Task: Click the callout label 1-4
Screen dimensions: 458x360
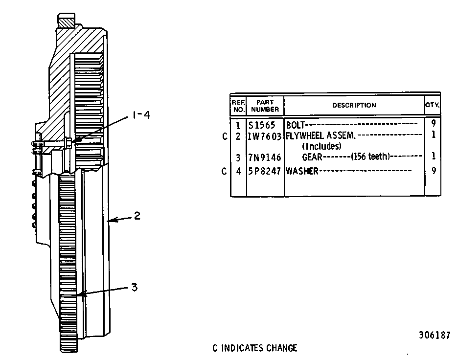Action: click(x=141, y=115)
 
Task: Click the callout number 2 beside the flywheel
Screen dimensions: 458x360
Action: click(x=137, y=216)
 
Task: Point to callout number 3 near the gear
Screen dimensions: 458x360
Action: click(x=134, y=287)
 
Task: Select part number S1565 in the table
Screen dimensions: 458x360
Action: click(x=262, y=125)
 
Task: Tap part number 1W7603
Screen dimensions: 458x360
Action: click(x=264, y=136)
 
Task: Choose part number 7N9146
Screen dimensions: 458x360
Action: click(x=264, y=157)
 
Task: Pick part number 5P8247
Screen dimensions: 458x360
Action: click(x=264, y=171)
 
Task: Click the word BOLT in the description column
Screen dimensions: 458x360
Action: click(x=295, y=125)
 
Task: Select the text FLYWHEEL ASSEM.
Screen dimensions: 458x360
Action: click(x=321, y=135)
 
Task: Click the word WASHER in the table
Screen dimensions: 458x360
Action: click(x=302, y=171)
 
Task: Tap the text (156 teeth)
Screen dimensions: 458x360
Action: click(x=370, y=157)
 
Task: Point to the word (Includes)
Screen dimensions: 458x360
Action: click(x=321, y=146)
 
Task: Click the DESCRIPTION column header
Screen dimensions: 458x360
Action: click(x=354, y=105)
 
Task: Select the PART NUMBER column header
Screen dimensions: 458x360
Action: click(x=265, y=106)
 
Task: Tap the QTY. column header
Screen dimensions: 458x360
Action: click(x=432, y=105)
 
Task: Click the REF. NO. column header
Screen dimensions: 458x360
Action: click(x=238, y=106)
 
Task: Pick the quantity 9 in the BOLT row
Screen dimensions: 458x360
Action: click(x=434, y=123)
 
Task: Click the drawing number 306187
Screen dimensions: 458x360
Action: click(x=435, y=335)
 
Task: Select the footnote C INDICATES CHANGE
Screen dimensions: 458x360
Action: click(x=255, y=348)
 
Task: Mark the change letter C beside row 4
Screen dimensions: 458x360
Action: click(x=224, y=171)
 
